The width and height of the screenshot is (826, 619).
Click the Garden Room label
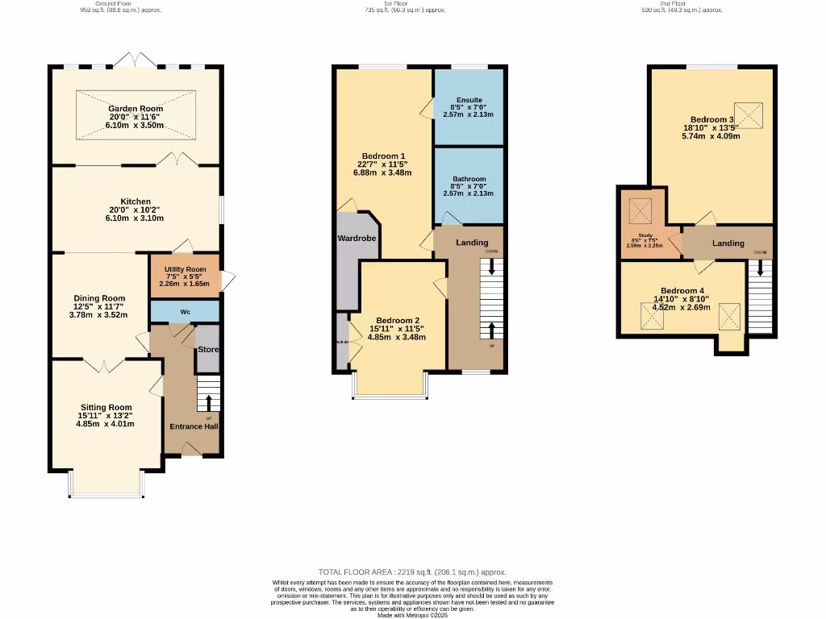point(136,109)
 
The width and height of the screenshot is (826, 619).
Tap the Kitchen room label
point(136,201)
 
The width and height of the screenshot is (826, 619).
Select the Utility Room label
point(185,269)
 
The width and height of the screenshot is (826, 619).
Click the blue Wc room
point(185,311)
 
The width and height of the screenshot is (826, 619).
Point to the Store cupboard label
point(208,350)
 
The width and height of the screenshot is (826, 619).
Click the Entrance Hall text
point(193,426)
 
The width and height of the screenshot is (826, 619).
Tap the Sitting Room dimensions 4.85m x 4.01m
point(106,424)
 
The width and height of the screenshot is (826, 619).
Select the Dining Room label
point(99,298)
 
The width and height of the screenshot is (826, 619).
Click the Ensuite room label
point(469,99)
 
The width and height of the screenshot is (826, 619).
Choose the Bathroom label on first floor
point(469,179)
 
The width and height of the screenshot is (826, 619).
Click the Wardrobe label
point(356,239)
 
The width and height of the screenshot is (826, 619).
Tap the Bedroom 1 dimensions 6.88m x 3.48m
point(383,172)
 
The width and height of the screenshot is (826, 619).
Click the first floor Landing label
point(472,243)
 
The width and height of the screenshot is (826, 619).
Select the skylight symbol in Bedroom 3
point(750,116)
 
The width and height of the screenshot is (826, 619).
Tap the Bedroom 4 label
point(682,290)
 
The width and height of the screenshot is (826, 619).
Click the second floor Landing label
point(728,243)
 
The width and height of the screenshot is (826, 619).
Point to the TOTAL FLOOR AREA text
point(412,570)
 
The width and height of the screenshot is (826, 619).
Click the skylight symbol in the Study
point(640,212)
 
